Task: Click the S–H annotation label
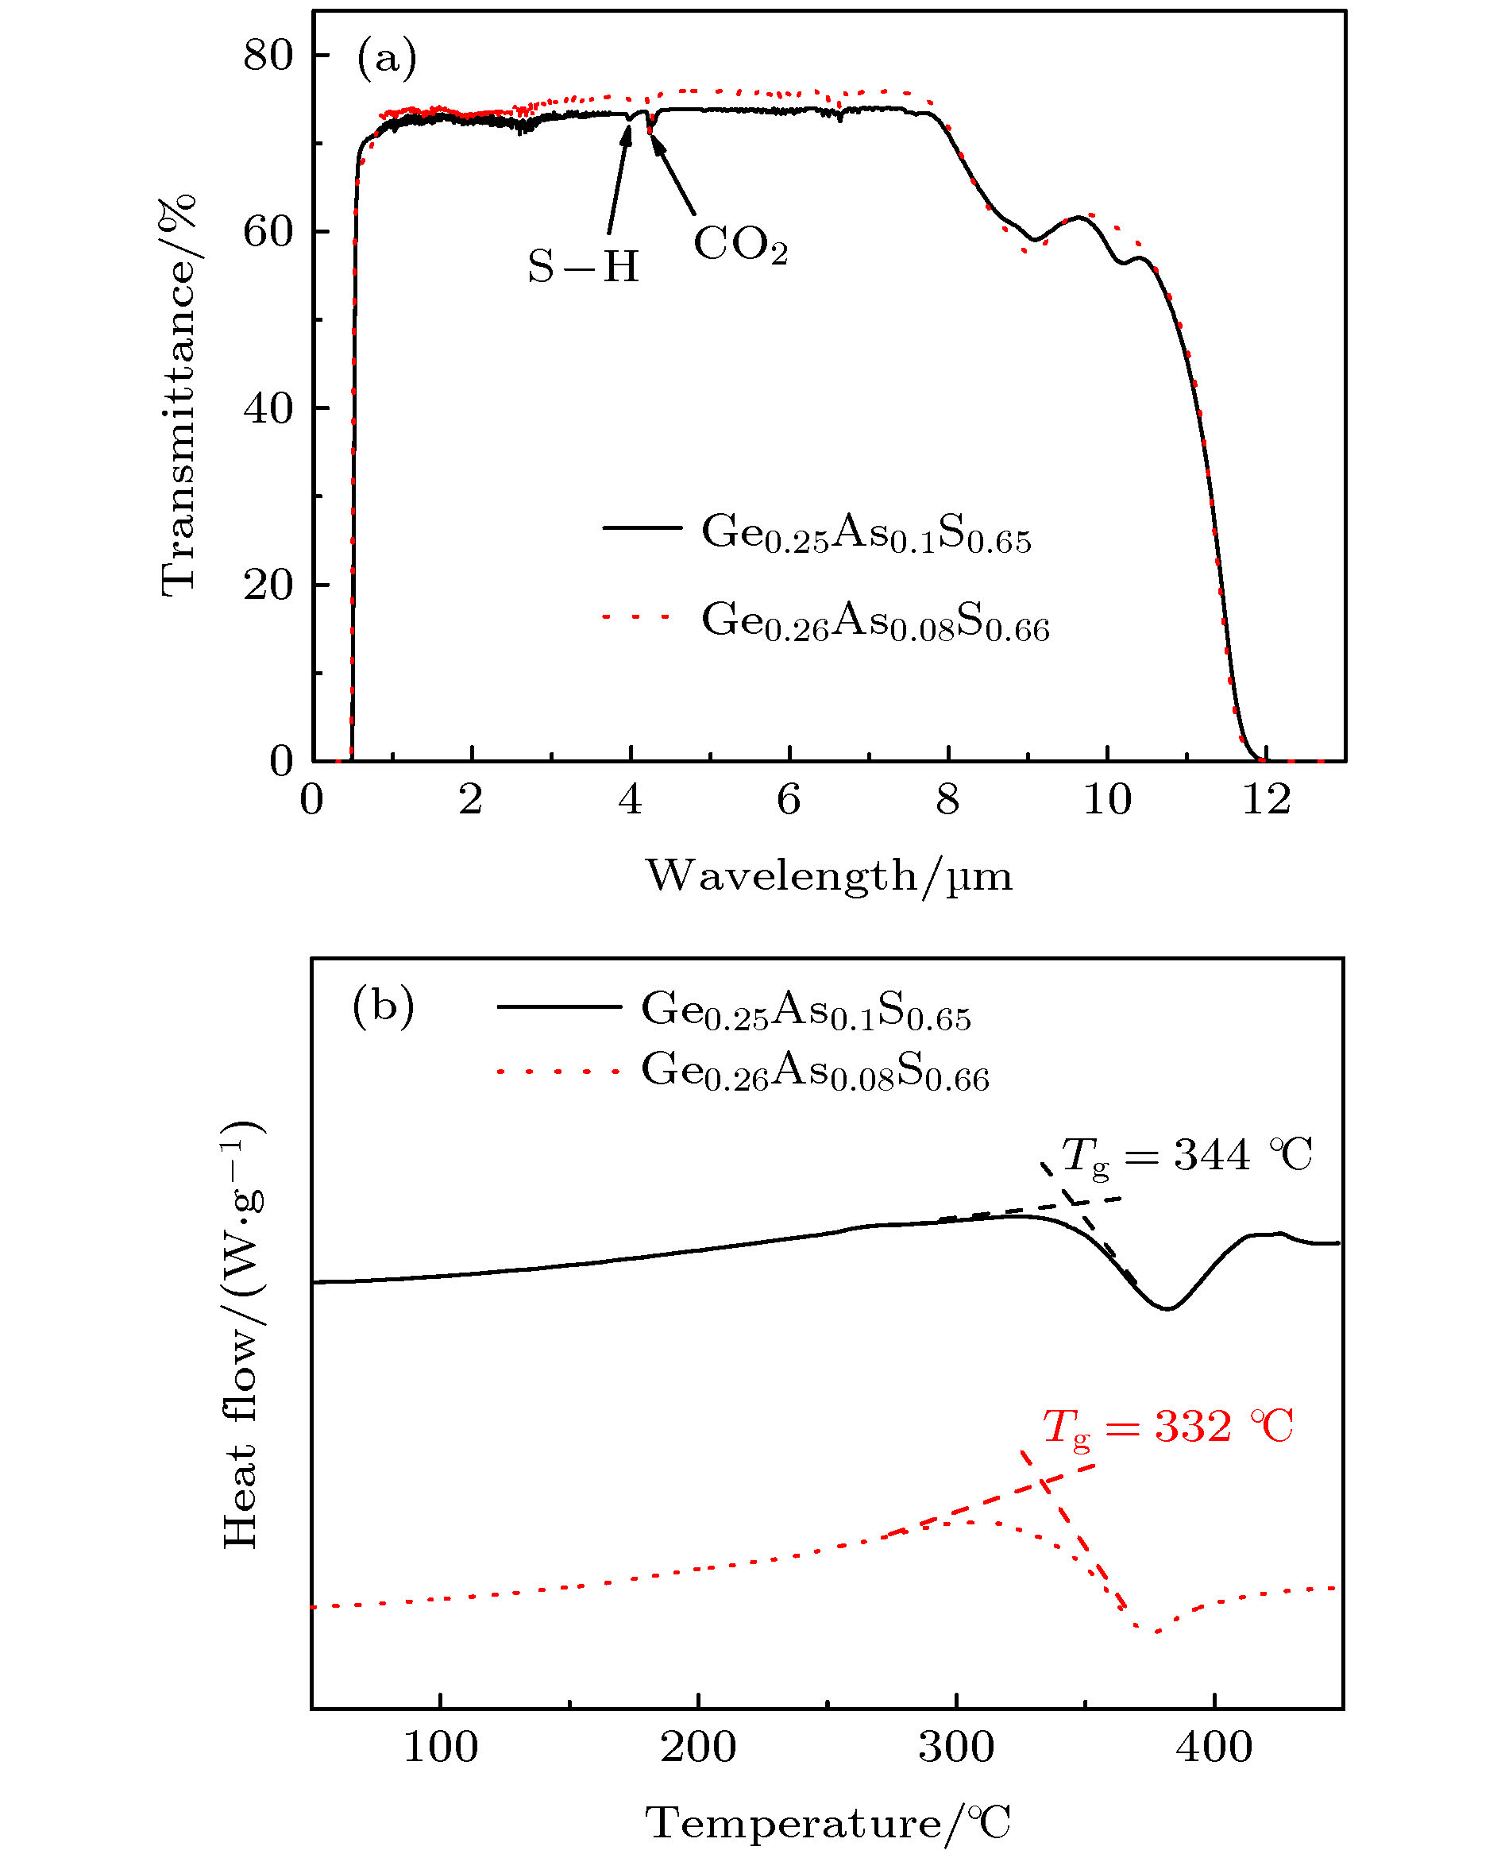[584, 266]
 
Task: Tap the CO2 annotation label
[740, 245]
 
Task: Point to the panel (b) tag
[383, 1006]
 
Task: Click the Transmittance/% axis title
[178, 396]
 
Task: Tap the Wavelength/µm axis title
[828, 877]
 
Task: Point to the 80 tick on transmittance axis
[268, 56]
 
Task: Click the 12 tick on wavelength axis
[1266, 801]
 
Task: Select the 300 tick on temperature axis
[955, 1748]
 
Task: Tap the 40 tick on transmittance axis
[268, 408]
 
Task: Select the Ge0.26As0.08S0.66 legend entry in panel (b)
[813, 1072]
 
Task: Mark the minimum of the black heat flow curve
[1167, 1309]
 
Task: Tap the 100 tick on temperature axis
[440, 1748]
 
